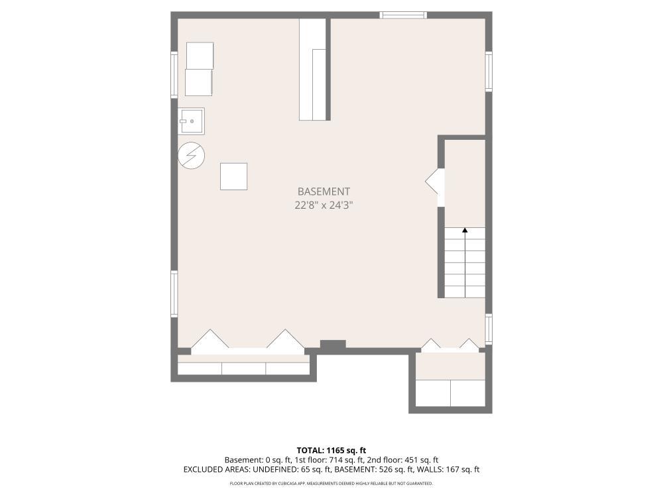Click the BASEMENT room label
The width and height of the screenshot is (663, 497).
[x=324, y=192]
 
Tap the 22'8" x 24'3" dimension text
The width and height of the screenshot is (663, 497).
[x=324, y=205]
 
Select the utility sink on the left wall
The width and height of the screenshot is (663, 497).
[x=191, y=121]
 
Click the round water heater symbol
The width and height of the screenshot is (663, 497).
[x=192, y=156]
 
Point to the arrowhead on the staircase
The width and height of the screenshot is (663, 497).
[x=465, y=231]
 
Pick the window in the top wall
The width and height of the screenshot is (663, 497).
[x=403, y=15]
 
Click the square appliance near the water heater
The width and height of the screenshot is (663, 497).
[x=233, y=176]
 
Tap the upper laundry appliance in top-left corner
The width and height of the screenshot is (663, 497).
[x=200, y=56]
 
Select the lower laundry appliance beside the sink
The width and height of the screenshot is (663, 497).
[x=199, y=82]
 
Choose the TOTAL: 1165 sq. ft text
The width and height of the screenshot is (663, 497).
[x=331, y=451]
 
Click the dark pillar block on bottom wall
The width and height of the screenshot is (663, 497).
[x=333, y=345]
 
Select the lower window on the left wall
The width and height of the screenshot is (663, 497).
[x=174, y=294]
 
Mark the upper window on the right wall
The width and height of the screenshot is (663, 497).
[x=489, y=71]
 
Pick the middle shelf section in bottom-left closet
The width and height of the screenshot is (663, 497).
[x=243, y=368]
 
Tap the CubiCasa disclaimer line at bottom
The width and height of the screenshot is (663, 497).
[x=331, y=484]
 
